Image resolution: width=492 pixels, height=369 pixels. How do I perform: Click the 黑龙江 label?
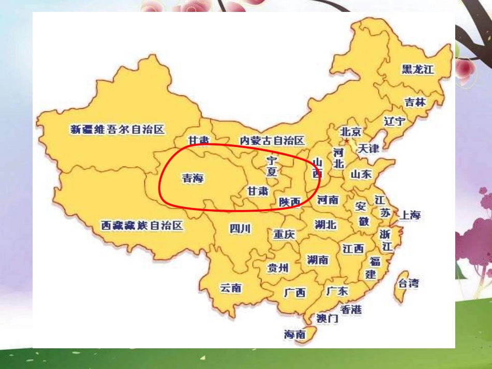[x=417, y=69]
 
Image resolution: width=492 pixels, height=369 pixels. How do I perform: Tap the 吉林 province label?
[x=415, y=102]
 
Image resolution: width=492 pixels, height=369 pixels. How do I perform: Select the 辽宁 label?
[x=395, y=122]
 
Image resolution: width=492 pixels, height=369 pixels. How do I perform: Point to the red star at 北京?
[x=346, y=140]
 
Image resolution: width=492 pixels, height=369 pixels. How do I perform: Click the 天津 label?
[x=368, y=149]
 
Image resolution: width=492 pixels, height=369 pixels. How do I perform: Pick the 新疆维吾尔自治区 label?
[x=117, y=129]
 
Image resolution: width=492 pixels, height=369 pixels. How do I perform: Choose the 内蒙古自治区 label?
[x=272, y=140]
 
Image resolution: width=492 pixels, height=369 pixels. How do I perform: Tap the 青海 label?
[x=193, y=179]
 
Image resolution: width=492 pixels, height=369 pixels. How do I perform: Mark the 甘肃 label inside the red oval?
[x=258, y=191]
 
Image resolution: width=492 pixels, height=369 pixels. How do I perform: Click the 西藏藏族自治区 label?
[x=142, y=226]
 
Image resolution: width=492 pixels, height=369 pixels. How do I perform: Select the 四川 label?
[x=240, y=228]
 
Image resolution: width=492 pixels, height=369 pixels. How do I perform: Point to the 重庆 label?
[x=284, y=234]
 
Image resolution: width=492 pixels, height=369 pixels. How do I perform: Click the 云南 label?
[x=230, y=288]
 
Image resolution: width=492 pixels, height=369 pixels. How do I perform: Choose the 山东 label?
[x=361, y=174]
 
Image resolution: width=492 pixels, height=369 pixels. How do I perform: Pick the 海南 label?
[x=295, y=335]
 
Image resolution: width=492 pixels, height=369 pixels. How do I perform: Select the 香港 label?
[x=351, y=309]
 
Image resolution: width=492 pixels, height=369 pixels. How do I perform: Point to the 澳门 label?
[x=327, y=318]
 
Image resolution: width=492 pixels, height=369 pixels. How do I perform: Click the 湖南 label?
[x=317, y=260]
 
